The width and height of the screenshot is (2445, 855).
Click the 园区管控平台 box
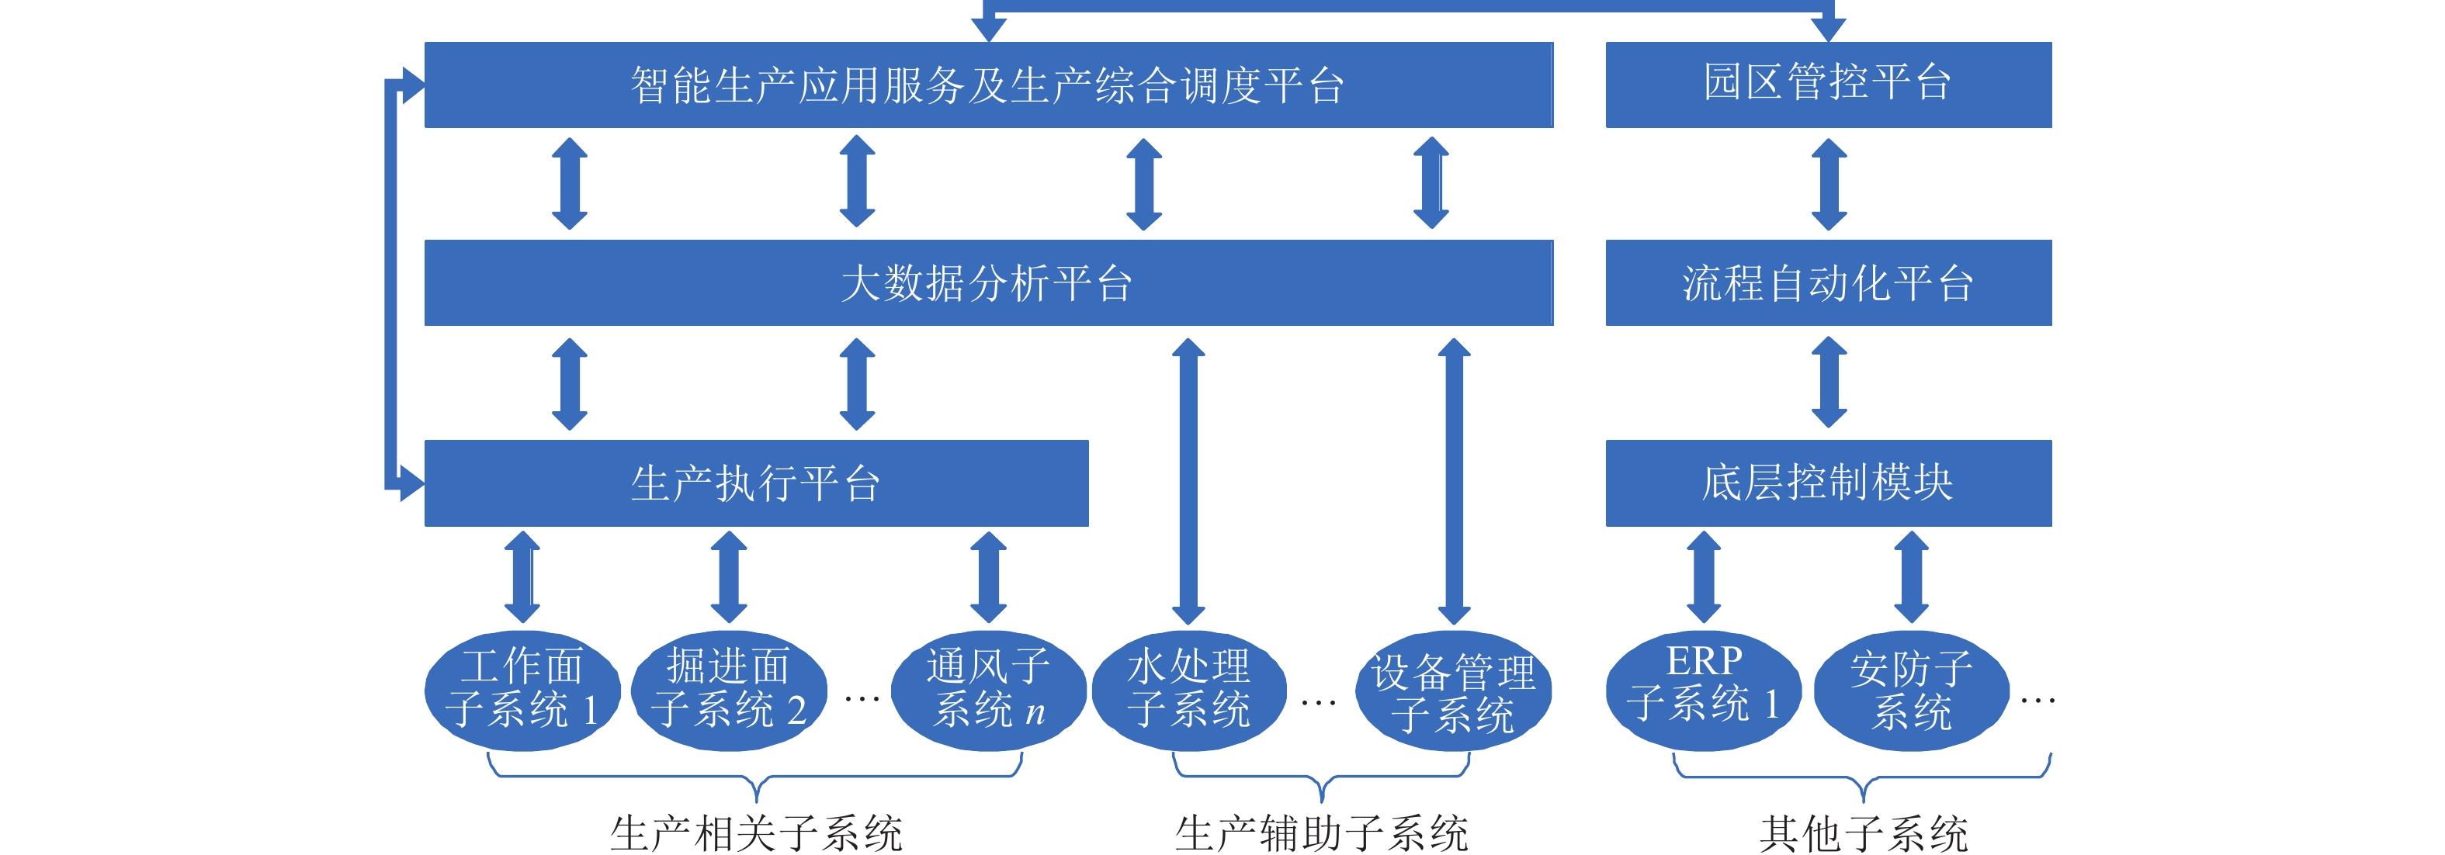(1827, 84)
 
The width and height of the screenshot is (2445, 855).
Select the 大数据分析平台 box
(987, 282)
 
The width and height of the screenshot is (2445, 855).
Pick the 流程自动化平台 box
(1827, 282)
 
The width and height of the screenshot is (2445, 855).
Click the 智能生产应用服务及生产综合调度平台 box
(987, 84)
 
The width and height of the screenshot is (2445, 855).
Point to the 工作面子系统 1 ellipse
(522, 690)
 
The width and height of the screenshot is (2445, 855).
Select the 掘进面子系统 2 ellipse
(728, 690)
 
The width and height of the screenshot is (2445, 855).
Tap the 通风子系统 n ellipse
(988, 690)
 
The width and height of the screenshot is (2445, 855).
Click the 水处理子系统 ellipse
(1188, 690)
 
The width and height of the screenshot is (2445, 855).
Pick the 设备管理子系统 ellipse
(1453, 693)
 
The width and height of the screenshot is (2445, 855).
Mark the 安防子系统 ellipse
(1911, 691)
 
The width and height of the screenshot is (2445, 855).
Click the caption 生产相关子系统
(755, 833)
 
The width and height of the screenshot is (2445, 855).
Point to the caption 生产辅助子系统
(1321, 833)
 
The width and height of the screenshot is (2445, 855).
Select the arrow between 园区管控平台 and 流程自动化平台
(1828, 184)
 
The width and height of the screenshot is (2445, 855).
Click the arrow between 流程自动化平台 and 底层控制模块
(1828, 382)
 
